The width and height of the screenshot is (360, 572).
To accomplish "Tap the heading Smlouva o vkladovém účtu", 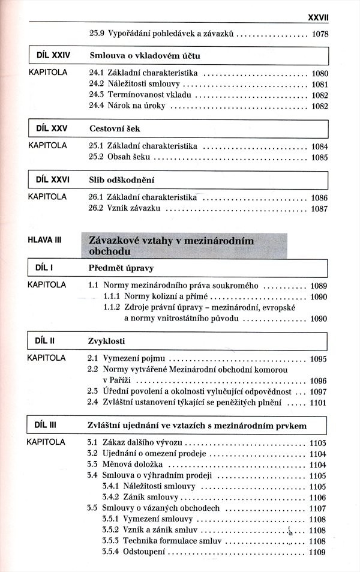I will click(144, 56).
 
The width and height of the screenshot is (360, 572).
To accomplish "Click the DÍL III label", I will click(46, 425).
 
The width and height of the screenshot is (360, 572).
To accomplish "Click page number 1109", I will click(319, 552).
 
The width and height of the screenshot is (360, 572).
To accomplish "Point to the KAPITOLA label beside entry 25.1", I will click(47, 146).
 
